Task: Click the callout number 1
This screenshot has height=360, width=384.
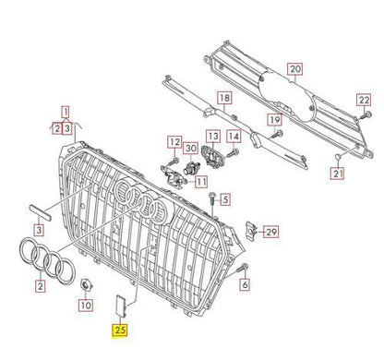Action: [x=66, y=109]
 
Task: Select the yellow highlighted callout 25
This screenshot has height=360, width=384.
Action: [x=120, y=327]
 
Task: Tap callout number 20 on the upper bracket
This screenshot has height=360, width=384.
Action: [x=295, y=69]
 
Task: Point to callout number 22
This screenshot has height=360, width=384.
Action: [x=364, y=99]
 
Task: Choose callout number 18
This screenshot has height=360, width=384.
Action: [x=223, y=98]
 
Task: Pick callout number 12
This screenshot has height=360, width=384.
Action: [x=174, y=141]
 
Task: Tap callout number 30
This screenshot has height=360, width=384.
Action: [x=190, y=148]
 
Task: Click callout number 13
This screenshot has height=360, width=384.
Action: [x=212, y=135]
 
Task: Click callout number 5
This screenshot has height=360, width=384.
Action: [x=225, y=198]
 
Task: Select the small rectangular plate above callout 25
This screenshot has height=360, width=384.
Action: [x=121, y=301]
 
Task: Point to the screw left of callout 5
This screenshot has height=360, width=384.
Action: [x=212, y=196]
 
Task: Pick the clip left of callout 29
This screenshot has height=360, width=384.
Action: [x=250, y=229]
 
